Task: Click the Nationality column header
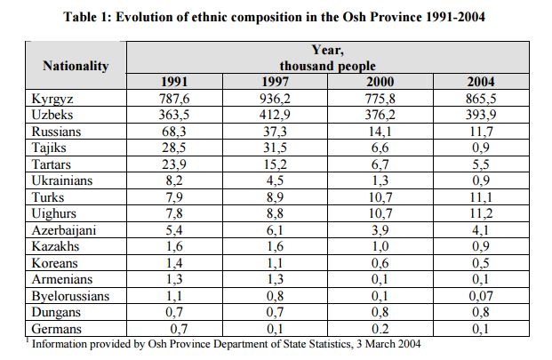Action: coord(76,65)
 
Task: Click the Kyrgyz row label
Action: coord(53,99)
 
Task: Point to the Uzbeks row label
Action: coord(53,115)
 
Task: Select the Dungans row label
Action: coord(56,312)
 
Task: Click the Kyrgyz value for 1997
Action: coord(278,99)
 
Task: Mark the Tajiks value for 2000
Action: coord(380,148)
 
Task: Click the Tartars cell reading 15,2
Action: coord(278,164)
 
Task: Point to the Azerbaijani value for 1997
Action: coord(278,230)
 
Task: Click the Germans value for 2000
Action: coord(380,329)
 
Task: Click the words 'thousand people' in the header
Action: coord(327,66)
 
